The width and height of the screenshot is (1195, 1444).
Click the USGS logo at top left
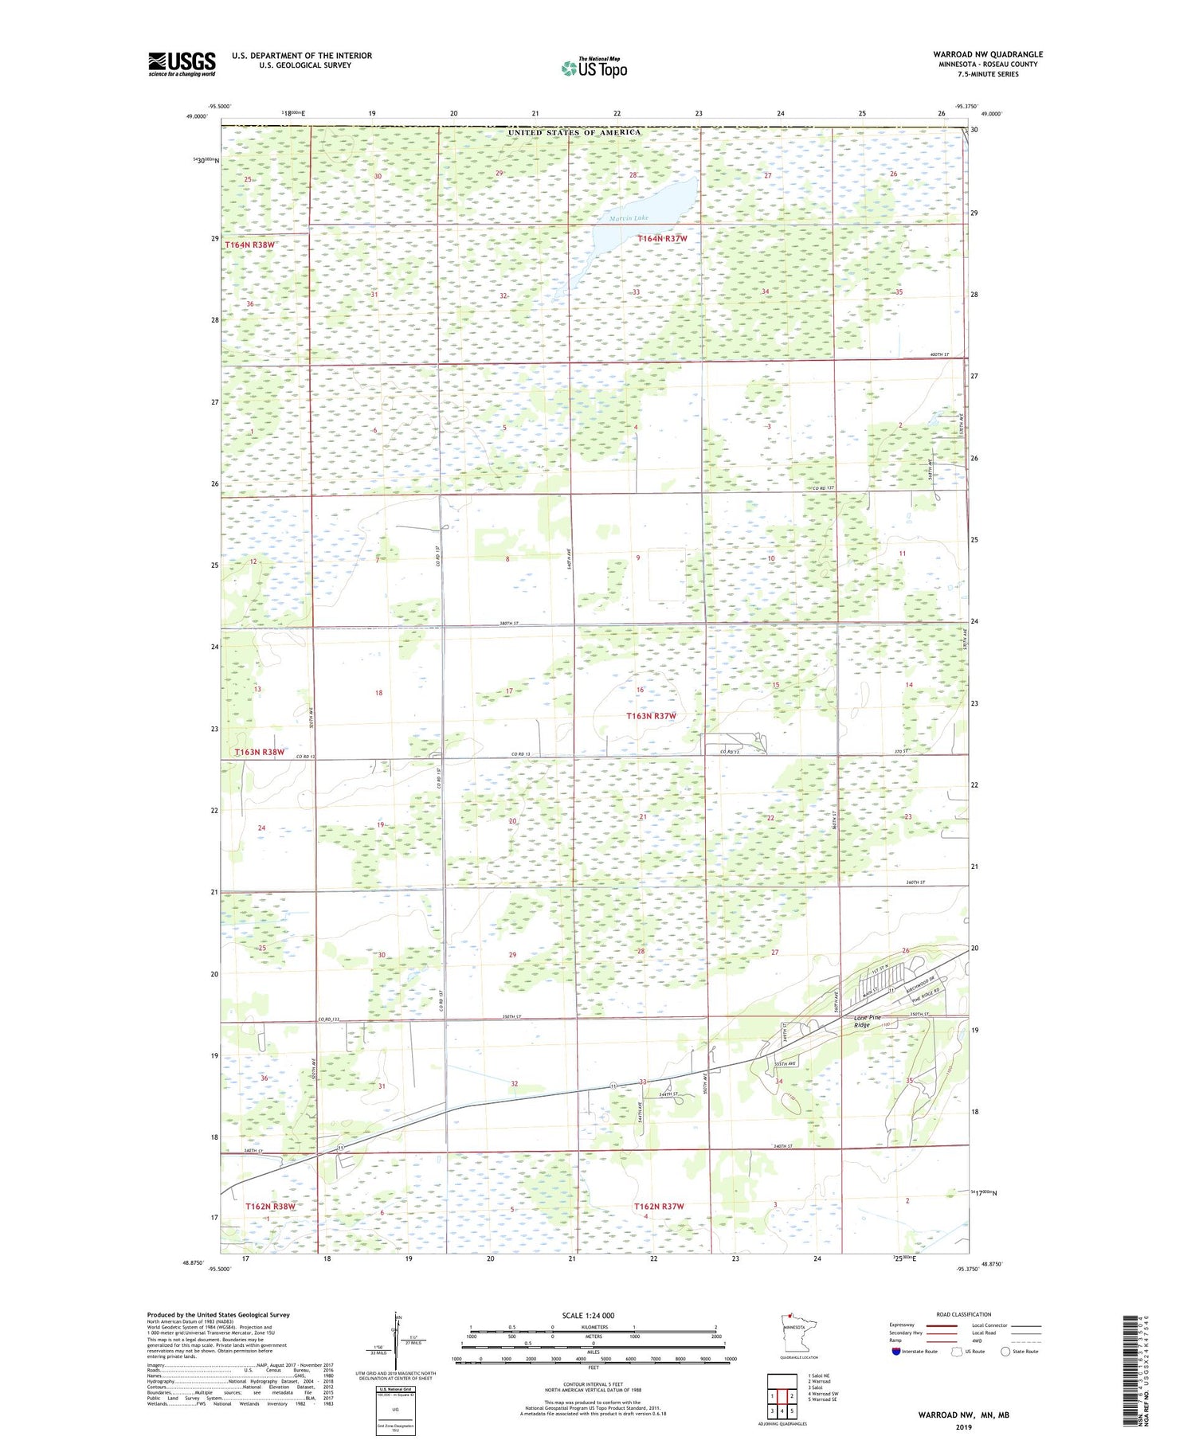(182, 64)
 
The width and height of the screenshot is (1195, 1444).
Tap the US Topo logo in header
(594, 68)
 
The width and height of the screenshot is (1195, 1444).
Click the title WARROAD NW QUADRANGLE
(988, 54)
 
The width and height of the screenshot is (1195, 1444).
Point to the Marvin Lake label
(629, 218)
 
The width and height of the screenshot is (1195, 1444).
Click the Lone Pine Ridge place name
(868, 1021)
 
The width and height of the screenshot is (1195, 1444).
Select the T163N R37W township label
(651, 716)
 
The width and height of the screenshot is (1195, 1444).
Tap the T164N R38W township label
(249, 245)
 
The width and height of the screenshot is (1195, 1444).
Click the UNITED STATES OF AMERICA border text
(574, 132)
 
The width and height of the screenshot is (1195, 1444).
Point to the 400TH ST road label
(939, 354)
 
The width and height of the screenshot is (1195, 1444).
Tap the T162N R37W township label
(659, 1206)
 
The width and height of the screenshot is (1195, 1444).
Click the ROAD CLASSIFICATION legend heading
(963, 1314)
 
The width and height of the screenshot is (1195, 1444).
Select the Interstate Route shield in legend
(896, 1351)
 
